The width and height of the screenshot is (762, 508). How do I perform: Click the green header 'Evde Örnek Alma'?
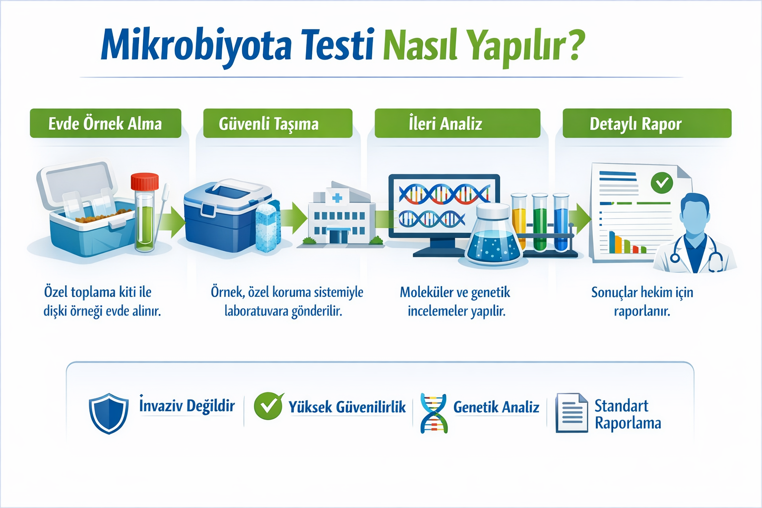pyautogui.click(x=105, y=124)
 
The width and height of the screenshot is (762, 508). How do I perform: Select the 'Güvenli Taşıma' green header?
pyautogui.click(x=277, y=124)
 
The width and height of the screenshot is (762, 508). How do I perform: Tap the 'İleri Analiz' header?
pyautogui.click(x=457, y=124)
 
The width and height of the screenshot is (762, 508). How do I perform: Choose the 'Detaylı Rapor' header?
pyautogui.click(x=646, y=124)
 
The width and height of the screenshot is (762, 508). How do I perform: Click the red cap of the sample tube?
pyautogui.click(x=144, y=182)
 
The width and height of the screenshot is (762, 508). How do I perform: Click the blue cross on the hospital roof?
pyautogui.click(x=337, y=198)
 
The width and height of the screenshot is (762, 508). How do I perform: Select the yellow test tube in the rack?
pyautogui.click(x=519, y=221)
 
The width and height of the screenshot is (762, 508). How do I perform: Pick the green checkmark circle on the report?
pyautogui.click(x=662, y=183)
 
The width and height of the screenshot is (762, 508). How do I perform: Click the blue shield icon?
pyautogui.click(x=109, y=413)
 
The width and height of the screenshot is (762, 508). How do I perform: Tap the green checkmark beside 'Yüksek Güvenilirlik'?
pyautogui.click(x=268, y=406)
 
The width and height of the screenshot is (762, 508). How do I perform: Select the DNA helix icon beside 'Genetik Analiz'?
pyautogui.click(x=434, y=413)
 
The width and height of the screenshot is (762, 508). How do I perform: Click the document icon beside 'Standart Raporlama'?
pyautogui.click(x=571, y=413)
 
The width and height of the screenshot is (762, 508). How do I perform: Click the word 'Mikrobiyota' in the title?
pyautogui.click(x=196, y=46)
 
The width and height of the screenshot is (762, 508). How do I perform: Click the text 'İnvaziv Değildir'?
pyautogui.click(x=187, y=406)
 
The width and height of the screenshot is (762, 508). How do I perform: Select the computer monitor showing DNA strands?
pyautogui.click(x=444, y=206)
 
